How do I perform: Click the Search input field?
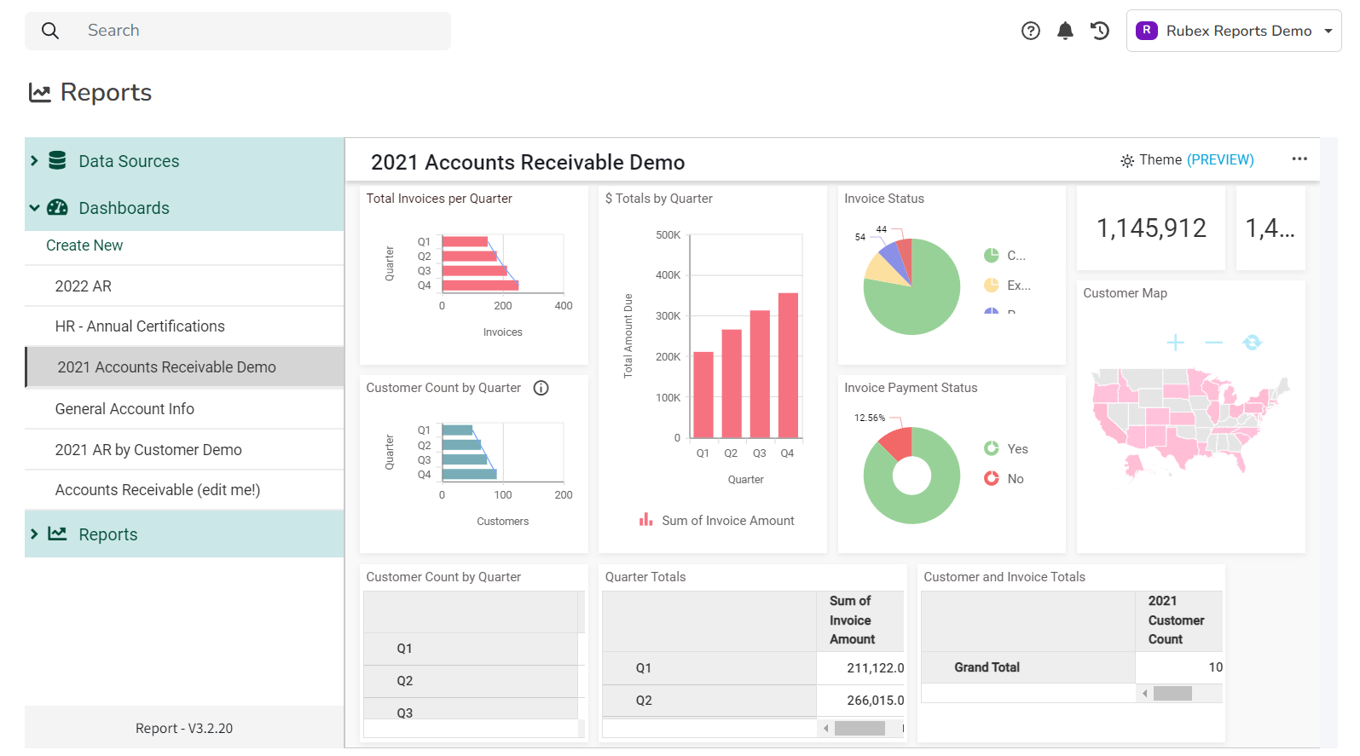pyautogui.click(x=256, y=31)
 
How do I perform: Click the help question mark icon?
pyautogui.click(x=1030, y=31)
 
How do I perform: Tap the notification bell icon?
pyautogui.click(x=1065, y=31)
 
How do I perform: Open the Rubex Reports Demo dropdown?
pyautogui.click(x=1233, y=31)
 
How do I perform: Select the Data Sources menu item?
pyautogui.click(x=129, y=161)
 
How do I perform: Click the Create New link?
pyautogui.click(x=84, y=245)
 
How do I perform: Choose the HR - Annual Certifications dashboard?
pyautogui.click(x=140, y=326)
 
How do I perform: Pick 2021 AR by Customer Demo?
pyautogui.click(x=148, y=450)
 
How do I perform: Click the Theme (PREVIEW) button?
pyautogui.click(x=1187, y=160)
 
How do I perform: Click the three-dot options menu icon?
pyautogui.click(x=1299, y=159)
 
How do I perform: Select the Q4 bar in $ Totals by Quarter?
pyautogui.click(x=788, y=365)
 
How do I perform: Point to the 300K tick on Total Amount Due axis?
pyautogui.click(x=668, y=316)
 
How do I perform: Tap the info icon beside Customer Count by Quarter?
pyautogui.click(x=541, y=388)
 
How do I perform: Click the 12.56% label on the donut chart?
pyautogui.click(x=869, y=418)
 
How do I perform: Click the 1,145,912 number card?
pyautogui.click(x=1150, y=228)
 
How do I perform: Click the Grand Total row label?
pyautogui.click(x=987, y=667)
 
